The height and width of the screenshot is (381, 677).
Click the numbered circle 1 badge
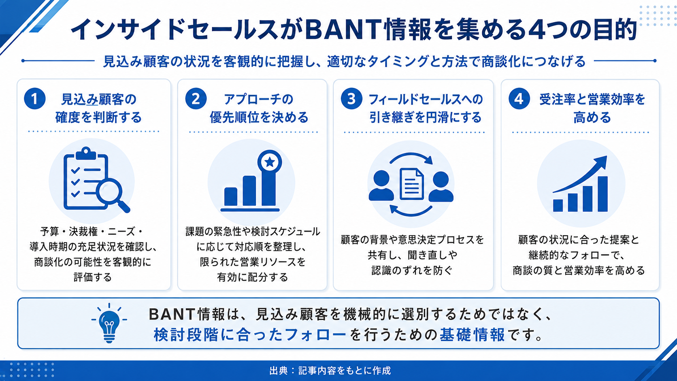(35, 98)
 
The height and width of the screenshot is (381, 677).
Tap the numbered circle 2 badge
(196, 98)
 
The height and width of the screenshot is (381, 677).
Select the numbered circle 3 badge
(351, 98)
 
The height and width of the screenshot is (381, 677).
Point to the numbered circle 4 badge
(519, 98)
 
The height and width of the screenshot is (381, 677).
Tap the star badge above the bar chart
(270, 162)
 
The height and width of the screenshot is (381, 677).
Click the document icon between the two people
(411, 184)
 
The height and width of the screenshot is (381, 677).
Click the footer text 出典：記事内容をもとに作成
(330, 371)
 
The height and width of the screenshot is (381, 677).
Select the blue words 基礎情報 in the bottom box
(472, 335)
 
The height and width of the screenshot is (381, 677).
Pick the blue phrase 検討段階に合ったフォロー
(250, 335)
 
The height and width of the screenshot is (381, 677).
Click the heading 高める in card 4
(592, 117)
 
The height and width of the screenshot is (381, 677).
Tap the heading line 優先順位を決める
(259, 117)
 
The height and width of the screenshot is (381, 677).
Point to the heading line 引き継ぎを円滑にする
(425, 117)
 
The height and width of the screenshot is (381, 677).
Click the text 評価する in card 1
(93, 277)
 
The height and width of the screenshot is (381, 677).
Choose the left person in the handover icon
(381, 186)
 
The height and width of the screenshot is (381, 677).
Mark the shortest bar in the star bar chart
(231, 196)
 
